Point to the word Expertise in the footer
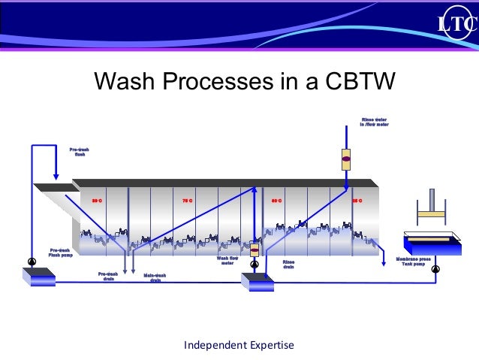[x=265, y=345]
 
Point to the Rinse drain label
[x=289, y=263]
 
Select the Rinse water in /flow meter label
[x=375, y=123]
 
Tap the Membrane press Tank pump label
[x=413, y=261]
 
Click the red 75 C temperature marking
[x=188, y=201]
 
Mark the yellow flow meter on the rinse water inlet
[x=346, y=159]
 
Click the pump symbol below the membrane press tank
[x=435, y=268]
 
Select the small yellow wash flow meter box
[x=255, y=251]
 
